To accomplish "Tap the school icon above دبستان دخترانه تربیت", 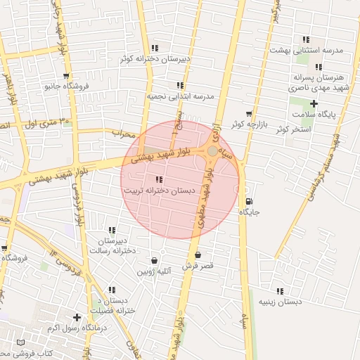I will tap(160, 179).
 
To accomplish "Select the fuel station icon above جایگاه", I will tap(248, 200).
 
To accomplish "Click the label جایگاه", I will tap(250, 212).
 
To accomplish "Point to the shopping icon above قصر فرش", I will tap(198, 255).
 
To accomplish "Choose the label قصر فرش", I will tap(198, 266).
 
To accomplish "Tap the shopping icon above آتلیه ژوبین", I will tap(154, 260).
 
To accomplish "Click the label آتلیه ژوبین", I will tap(154, 271).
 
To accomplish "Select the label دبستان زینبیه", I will tap(280, 302).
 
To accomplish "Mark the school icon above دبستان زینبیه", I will tap(280, 291).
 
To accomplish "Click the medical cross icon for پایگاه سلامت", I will tap(314, 103).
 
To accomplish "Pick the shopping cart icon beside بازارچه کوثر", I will tap(248, 114).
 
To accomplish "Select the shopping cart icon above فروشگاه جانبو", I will tap(66, 76).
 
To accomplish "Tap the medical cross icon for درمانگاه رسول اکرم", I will tap(77, 318).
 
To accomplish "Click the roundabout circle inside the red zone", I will tap(212, 150).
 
